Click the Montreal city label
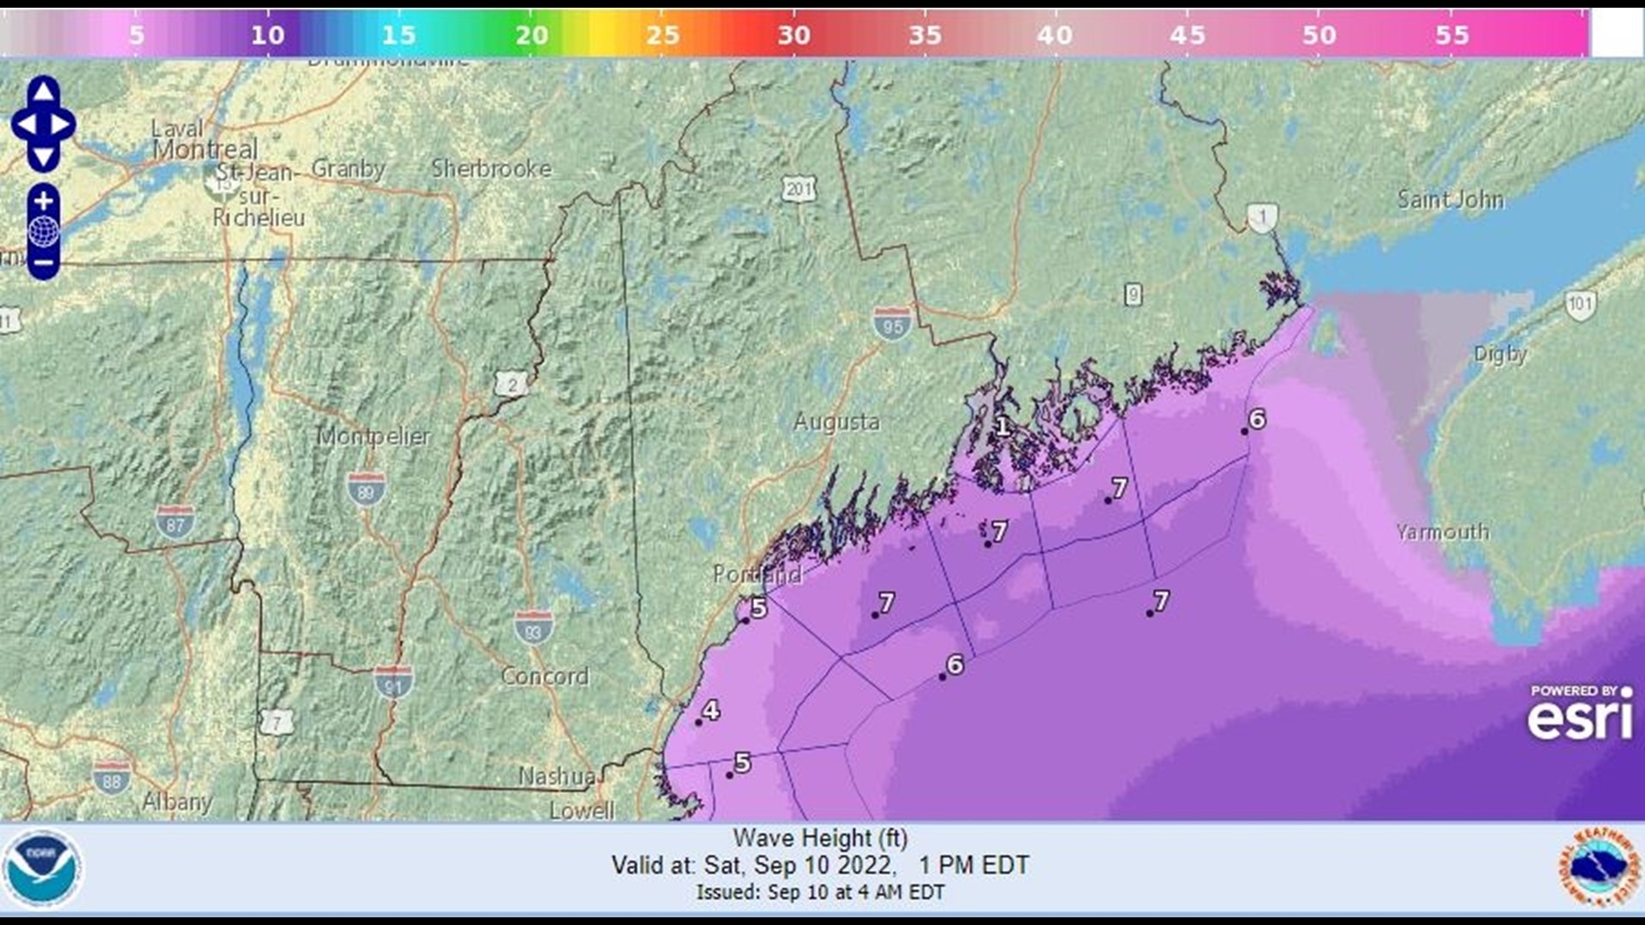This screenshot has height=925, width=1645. coord(205,150)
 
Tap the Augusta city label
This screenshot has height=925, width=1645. coord(836,422)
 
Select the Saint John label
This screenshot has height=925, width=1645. coord(1450,200)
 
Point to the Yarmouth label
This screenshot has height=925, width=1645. coord(1442,532)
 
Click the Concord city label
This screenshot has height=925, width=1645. coord(545,677)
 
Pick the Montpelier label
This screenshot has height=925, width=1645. coord(374,436)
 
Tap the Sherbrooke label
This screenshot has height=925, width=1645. coord(491,169)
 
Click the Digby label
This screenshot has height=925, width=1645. coord(1500,354)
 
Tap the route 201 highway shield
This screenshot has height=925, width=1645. coord(799,189)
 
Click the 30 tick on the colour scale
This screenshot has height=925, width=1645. coord(793,35)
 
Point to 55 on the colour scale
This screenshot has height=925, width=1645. coord(1451,35)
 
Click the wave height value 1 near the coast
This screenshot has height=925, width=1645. coord(1002,426)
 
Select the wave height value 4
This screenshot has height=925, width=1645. coord(711,710)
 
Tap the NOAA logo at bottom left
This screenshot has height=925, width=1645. coord(42,868)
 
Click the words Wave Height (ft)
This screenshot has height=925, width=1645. coord(820,838)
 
